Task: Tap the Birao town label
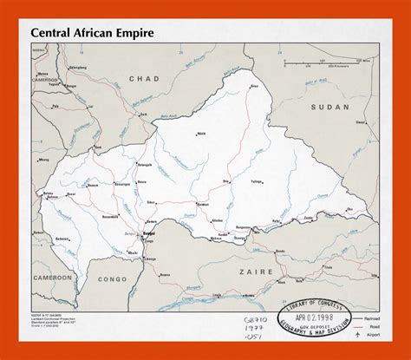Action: [254, 87]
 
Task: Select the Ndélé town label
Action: [202, 134]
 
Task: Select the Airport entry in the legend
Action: [374, 333]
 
